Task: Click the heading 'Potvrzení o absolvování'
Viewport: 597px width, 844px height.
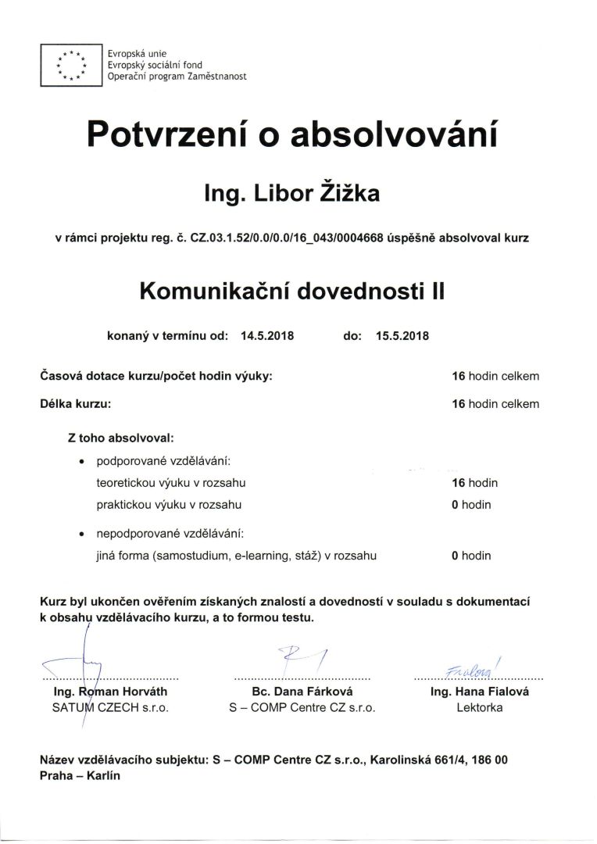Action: pos(291,134)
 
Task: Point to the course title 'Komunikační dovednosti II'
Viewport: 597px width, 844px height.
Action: pos(291,291)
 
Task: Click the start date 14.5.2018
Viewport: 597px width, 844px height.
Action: pos(267,337)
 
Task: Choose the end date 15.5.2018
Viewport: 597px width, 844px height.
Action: pos(402,337)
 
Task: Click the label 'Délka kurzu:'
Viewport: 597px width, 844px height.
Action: pos(75,404)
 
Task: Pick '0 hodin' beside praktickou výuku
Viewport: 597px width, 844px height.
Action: pos(471,505)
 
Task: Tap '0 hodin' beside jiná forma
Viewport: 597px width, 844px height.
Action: pos(471,556)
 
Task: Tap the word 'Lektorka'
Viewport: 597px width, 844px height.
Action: pos(479,708)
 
